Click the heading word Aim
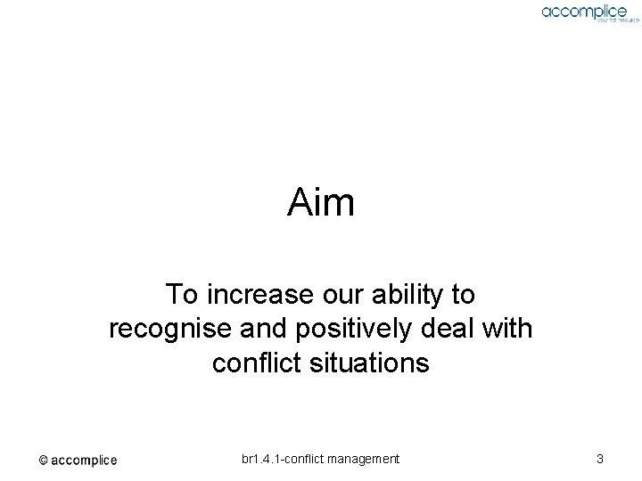coord(321,203)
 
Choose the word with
coord(506,329)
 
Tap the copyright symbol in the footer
coord(43,461)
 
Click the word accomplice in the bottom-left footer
coord(84,461)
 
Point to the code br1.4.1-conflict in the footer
coord(281,459)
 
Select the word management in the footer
coord(361,459)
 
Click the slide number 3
coord(600,459)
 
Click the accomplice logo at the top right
coord(584,11)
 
